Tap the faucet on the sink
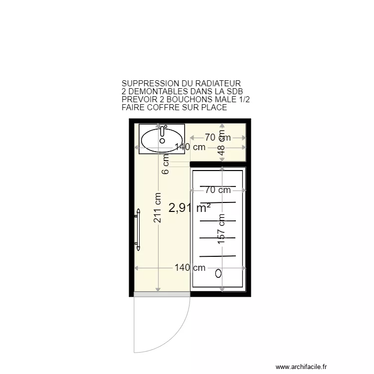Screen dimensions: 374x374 163,131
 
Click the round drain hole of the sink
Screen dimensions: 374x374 162,141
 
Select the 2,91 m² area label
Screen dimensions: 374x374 189,208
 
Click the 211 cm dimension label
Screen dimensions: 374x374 158,208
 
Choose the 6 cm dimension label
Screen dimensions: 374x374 166,165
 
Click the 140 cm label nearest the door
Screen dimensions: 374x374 189,268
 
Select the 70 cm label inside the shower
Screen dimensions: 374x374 217,190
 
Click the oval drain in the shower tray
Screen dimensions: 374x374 218,273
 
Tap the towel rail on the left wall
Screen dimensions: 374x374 137,229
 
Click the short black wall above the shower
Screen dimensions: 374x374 205,164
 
